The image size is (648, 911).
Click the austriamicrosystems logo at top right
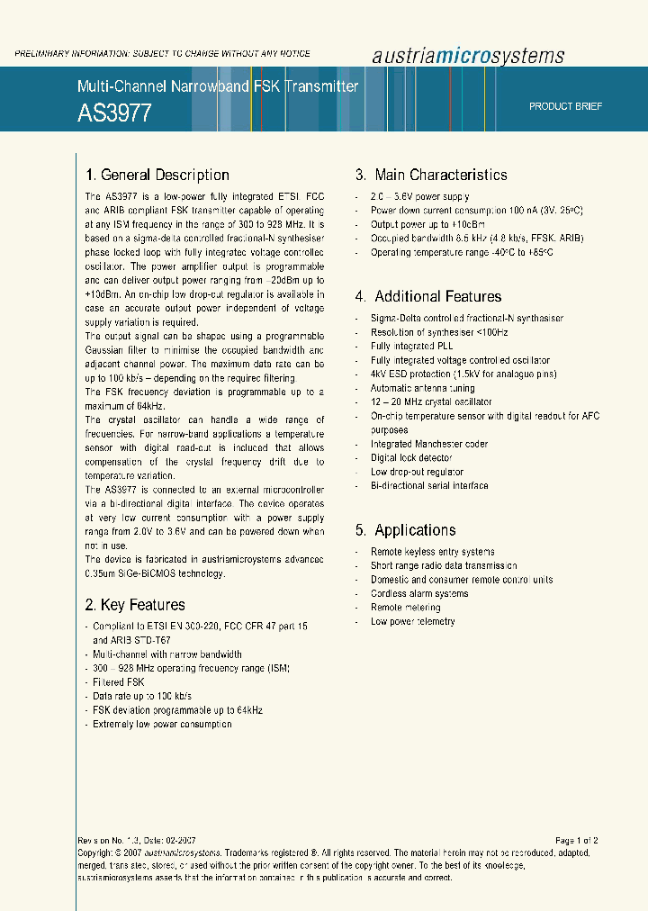(468, 56)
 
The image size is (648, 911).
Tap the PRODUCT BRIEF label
(565, 106)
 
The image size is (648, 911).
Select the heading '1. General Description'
(157, 176)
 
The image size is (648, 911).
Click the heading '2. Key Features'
(135, 605)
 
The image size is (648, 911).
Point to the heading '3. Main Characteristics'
(431, 176)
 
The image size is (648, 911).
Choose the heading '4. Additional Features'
(428, 296)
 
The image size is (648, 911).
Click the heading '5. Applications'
(406, 530)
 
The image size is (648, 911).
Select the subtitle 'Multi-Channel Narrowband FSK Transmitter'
(218, 86)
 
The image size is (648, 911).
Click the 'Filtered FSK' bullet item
(118, 682)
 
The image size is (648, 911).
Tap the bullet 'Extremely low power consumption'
(162, 724)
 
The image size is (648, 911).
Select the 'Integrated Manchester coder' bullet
(429, 444)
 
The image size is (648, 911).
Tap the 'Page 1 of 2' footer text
(576, 841)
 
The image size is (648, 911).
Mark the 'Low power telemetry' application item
(413, 622)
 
